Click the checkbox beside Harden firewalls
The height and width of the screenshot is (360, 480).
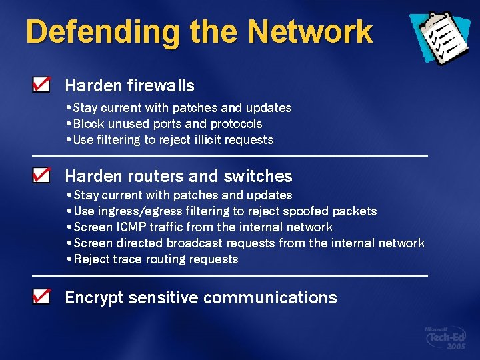41,85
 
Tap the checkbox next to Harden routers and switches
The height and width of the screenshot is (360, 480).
41,175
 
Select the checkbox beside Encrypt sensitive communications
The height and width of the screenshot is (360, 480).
41,297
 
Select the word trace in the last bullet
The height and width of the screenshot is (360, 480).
127,259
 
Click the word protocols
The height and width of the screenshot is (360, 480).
236,124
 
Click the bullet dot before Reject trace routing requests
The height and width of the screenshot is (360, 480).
70,259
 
